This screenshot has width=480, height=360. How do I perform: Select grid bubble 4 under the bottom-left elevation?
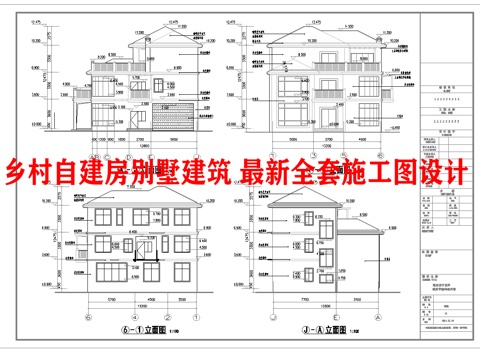[x=133, y=310]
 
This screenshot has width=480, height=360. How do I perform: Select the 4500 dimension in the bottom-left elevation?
[x=149, y=297]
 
